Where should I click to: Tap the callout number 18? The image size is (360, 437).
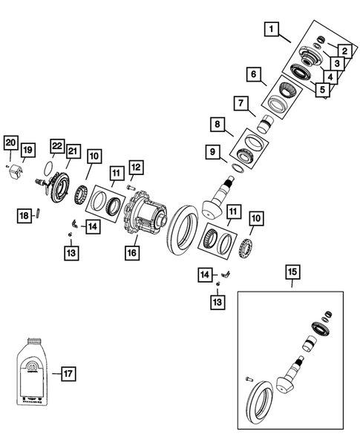click(23, 214)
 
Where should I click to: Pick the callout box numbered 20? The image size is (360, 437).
click(10, 142)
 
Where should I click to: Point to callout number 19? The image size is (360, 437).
click(27, 151)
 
